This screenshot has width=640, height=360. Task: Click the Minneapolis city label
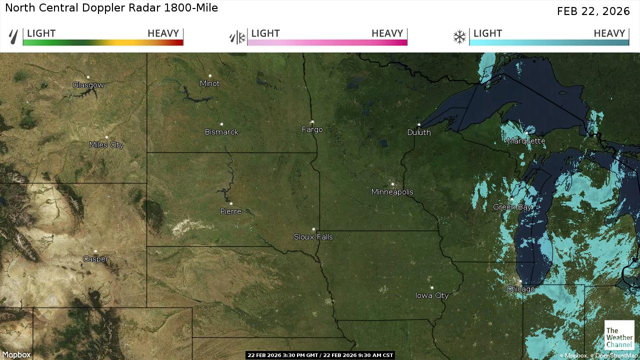(x=392, y=192)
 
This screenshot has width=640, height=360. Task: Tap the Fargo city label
(x=312, y=129)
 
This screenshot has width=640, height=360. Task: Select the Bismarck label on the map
(x=221, y=132)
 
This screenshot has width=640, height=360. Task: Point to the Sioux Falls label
(x=313, y=237)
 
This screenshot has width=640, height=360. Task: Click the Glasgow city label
(x=88, y=85)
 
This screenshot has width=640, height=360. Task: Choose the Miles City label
(x=106, y=145)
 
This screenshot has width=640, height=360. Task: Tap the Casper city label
(x=95, y=259)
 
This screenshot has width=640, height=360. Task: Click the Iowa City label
(x=432, y=295)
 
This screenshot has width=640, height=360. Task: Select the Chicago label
(x=520, y=289)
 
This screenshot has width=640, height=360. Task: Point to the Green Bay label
(x=512, y=207)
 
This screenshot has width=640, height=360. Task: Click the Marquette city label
(x=526, y=141)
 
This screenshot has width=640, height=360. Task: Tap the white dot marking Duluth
(x=419, y=125)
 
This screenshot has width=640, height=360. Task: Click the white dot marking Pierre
(x=230, y=204)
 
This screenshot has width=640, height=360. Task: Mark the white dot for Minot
(x=210, y=76)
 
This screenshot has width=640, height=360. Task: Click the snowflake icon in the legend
(x=459, y=37)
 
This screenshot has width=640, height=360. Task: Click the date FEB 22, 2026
(x=593, y=11)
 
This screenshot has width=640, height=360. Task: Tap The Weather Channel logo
(x=619, y=335)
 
